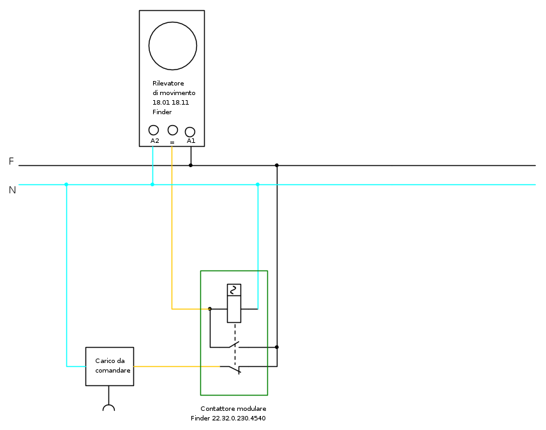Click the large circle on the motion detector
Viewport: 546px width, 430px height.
[x=172, y=46]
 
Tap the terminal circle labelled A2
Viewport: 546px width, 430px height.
[x=154, y=130]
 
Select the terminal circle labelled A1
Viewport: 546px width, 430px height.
[x=190, y=132]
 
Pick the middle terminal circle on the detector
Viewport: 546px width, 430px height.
[x=172, y=130]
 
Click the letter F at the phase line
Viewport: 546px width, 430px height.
[x=11, y=162]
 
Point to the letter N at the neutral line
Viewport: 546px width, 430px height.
[x=12, y=189]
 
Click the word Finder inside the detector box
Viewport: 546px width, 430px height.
[x=162, y=112]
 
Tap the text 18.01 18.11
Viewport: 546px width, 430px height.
[x=170, y=103]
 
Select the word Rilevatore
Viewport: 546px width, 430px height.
[x=168, y=84]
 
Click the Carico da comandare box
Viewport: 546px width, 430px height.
[x=110, y=366]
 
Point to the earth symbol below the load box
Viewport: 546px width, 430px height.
[x=109, y=408]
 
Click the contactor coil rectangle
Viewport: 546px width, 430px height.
[x=234, y=304]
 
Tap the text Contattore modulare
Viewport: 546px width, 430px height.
[x=233, y=409]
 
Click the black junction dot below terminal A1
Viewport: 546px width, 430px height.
[x=191, y=165]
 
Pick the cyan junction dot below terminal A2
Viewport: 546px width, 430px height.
[x=152, y=184]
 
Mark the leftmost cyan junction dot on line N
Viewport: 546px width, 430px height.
[x=66, y=184]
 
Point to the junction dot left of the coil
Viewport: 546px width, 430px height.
[x=210, y=309]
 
